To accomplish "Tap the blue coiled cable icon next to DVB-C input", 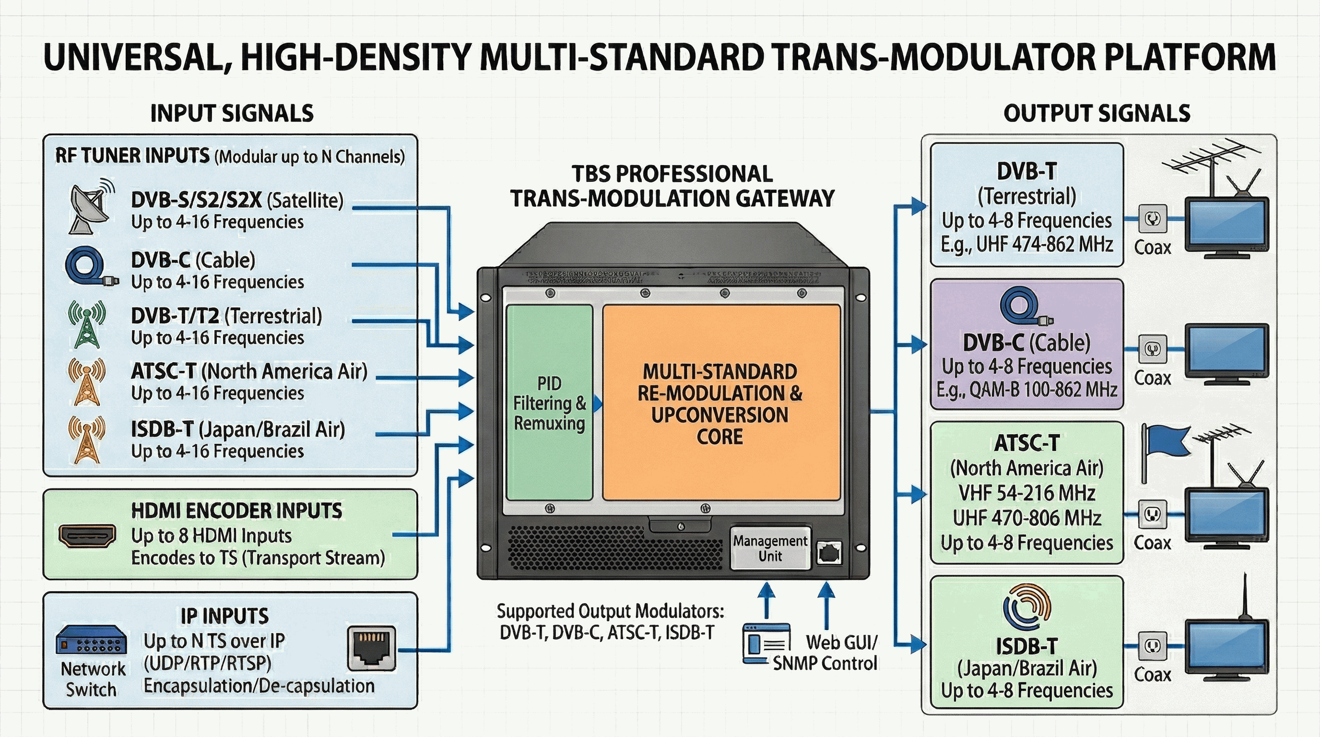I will pyautogui.click(x=90, y=266).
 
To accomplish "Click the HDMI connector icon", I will pyautogui.click(x=87, y=536).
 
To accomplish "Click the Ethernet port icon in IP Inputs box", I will pyautogui.click(x=372, y=648).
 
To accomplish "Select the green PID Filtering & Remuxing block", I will pyautogui.click(x=549, y=402).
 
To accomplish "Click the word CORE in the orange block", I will pyautogui.click(x=719, y=437).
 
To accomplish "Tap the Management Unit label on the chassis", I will pyautogui.click(x=770, y=548).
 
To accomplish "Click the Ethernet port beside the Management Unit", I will pyautogui.click(x=828, y=553).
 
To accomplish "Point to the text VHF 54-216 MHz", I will pyautogui.click(x=1027, y=493).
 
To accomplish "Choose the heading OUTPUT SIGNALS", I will pyautogui.click(x=1096, y=114).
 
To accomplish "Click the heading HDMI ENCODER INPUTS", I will pyautogui.click(x=237, y=511).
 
